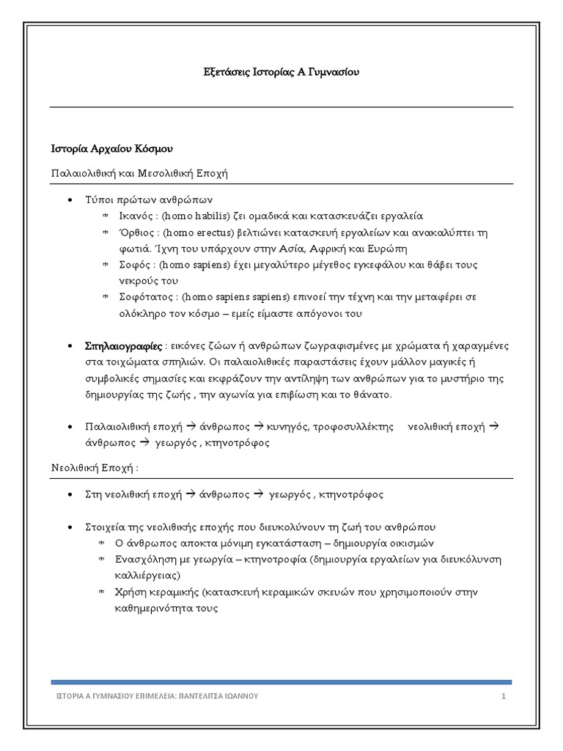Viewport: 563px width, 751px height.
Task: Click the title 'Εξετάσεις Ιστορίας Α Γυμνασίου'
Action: tap(281, 73)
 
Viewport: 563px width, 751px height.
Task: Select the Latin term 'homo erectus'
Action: tap(195, 232)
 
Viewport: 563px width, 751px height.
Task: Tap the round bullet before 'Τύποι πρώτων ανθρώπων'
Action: tap(69, 200)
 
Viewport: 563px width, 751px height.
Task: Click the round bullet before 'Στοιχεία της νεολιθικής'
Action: tap(69, 528)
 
